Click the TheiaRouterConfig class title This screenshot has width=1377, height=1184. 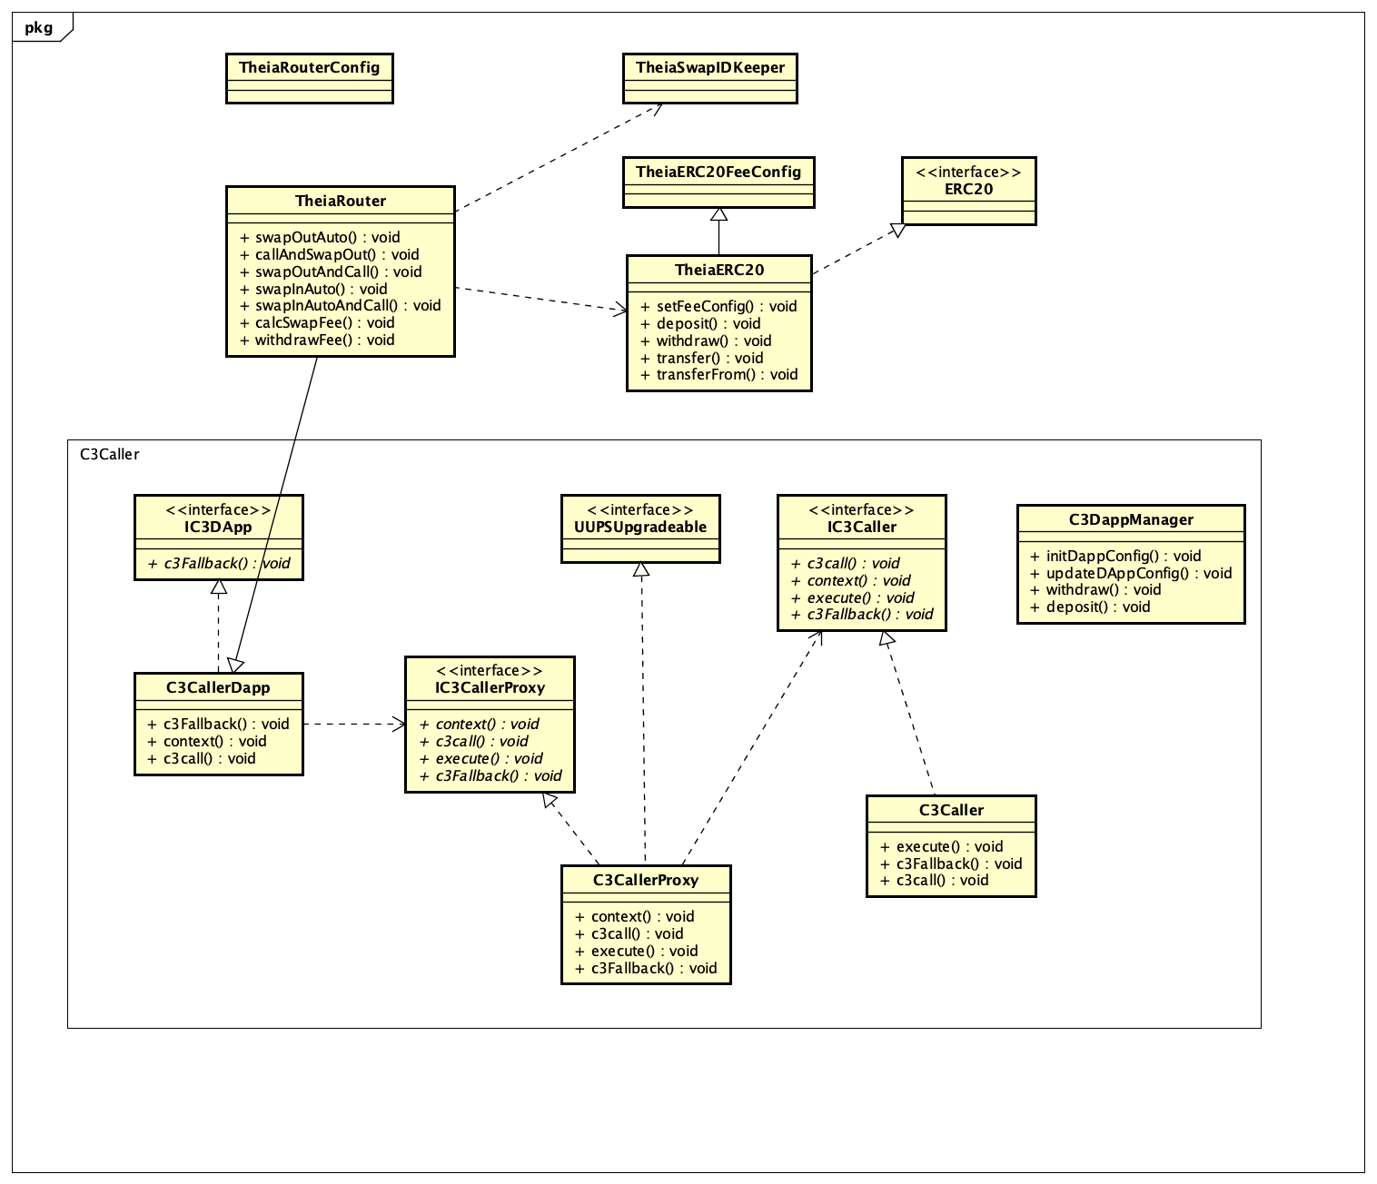click(309, 67)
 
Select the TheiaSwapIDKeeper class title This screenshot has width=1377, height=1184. click(709, 67)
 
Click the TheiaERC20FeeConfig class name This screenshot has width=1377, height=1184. click(718, 172)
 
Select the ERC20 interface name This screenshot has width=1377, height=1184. click(968, 189)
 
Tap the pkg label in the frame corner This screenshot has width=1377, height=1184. click(39, 27)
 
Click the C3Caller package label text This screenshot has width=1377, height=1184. click(109, 454)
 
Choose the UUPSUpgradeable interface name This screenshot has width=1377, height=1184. click(639, 527)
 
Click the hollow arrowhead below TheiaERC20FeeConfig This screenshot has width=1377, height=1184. click(718, 214)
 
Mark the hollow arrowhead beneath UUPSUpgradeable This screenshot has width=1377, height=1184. click(641, 569)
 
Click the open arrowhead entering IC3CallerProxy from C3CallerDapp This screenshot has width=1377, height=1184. click(399, 724)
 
